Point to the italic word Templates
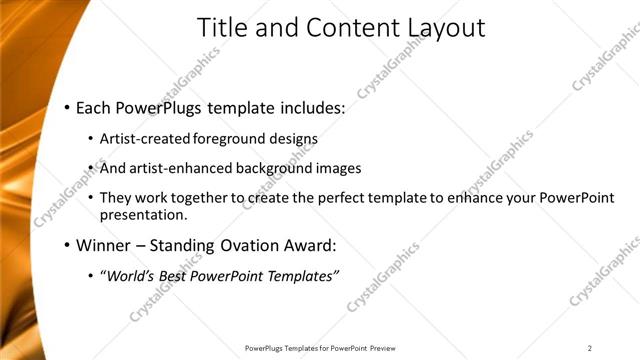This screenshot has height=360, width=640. point(302,275)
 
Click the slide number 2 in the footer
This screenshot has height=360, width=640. point(590,348)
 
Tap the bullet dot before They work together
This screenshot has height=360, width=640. point(92,199)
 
